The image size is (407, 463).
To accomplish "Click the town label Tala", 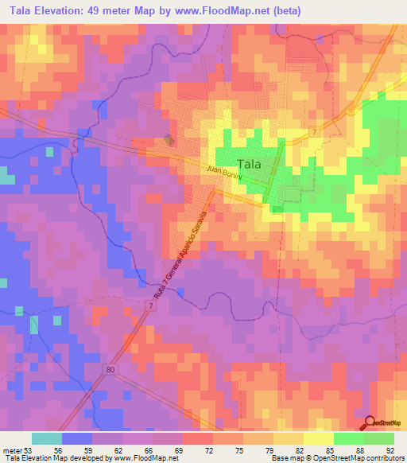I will click(250, 164).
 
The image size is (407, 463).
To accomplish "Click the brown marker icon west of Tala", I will click(168, 139).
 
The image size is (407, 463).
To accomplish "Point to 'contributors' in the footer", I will click(384, 458).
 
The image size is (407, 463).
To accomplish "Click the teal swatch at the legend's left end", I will click(46, 438).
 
